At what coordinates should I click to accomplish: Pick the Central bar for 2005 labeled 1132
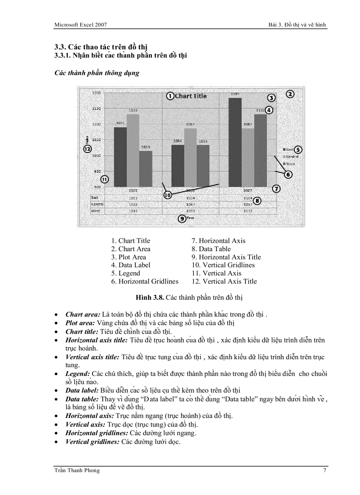pyautogui.click(x=133, y=150)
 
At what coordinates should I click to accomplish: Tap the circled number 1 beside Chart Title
pyautogui.click(x=169, y=96)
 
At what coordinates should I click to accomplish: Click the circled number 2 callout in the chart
pyautogui.click(x=289, y=94)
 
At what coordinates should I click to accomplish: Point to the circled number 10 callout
pyautogui.click(x=167, y=194)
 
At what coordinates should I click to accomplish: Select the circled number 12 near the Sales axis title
pyautogui.click(x=87, y=149)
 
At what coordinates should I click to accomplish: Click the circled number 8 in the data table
pyautogui.click(x=257, y=201)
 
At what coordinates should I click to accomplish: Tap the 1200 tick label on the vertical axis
pyautogui.click(x=96, y=93)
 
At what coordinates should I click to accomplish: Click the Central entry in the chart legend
pyautogui.click(x=292, y=156)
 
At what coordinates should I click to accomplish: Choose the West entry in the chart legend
pyautogui.click(x=290, y=164)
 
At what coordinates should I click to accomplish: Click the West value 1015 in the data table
pyautogui.click(x=133, y=211)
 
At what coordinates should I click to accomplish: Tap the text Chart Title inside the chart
pyautogui.click(x=191, y=96)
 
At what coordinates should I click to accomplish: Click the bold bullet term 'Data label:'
pyautogui.click(x=82, y=390)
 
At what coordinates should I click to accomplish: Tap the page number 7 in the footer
pyautogui.click(x=325, y=470)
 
